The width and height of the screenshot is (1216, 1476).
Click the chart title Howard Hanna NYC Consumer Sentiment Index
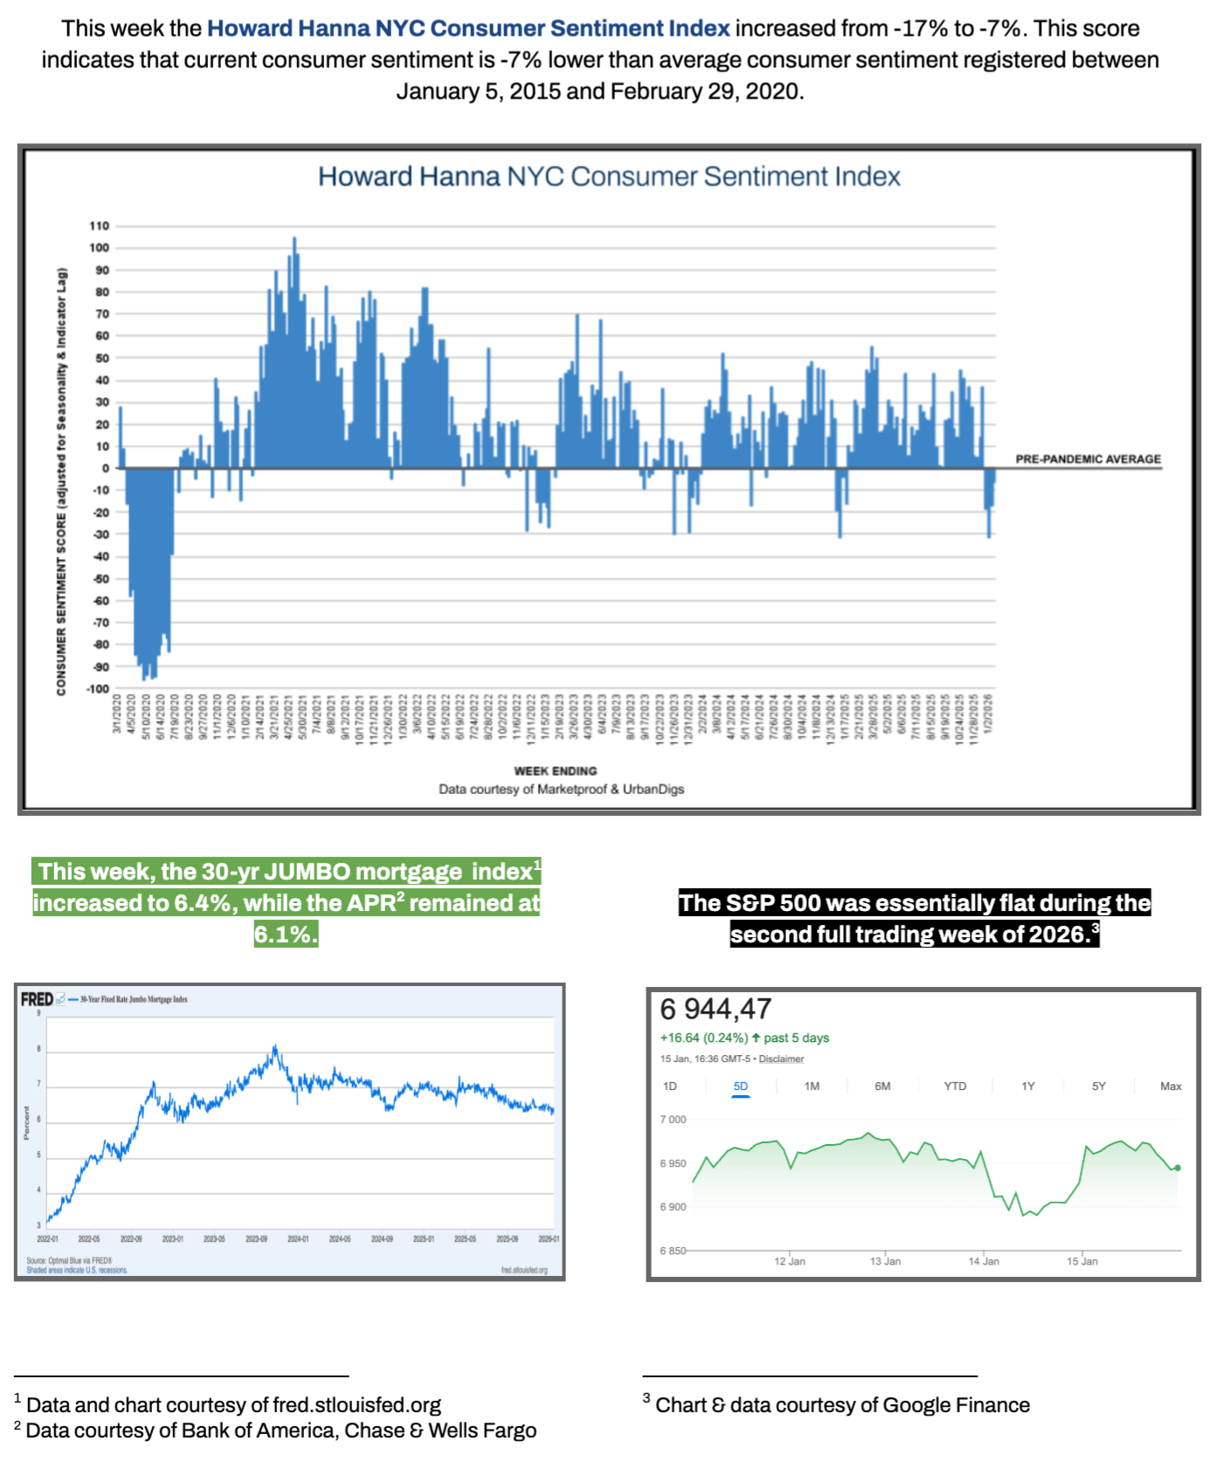pos(609,176)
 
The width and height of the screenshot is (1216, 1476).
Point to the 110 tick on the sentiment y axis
pos(99,226)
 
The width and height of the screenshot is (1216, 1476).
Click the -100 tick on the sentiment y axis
pos(97,689)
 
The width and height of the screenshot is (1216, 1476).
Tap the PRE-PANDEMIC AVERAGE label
pos(1088,459)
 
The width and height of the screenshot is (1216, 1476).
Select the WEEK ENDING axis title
pos(556,771)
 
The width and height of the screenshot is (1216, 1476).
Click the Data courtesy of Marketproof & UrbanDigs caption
pos(561,790)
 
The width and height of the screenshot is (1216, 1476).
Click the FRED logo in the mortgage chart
pos(37,999)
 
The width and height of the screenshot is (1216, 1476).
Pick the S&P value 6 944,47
pos(716,1010)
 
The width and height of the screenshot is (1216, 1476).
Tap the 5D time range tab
pos(741,1086)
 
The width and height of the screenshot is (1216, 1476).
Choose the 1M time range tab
pos(812,1086)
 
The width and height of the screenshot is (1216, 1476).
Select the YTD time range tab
pos(955,1086)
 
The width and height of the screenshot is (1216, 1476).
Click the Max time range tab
pos(1171,1086)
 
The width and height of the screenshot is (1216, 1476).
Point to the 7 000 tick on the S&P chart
pos(673,1120)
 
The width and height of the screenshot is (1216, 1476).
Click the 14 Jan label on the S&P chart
pos(984,1261)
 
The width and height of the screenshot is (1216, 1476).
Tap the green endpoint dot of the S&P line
pos(1178,1168)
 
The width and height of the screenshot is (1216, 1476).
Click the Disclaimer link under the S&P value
pos(781,1059)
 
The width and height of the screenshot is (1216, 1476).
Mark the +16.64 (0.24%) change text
pos(704,1038)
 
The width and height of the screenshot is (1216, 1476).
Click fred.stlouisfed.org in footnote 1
pos(356,1405)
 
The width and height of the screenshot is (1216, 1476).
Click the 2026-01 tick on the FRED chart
pos(549,1239)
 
